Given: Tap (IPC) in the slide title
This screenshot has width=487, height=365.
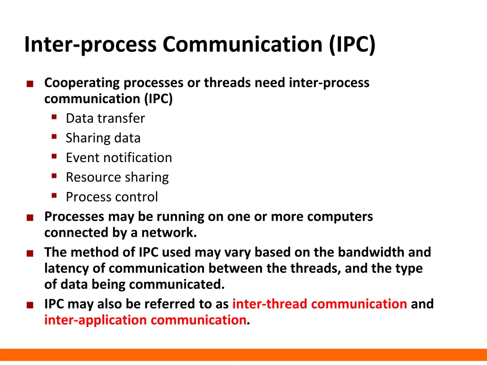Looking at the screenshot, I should [x=351, y=45].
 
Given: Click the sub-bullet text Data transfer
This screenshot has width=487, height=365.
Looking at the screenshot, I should [x=105, y=118].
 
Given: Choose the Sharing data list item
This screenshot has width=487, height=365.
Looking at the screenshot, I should [x=103, y=138].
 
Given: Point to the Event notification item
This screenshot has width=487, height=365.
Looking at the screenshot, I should [x=119, y=157].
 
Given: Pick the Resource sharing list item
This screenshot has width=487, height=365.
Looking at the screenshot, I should [x=117, y=177].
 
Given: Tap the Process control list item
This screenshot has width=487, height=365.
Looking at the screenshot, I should [x=112, y=197].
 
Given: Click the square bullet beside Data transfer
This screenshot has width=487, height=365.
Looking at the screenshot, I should [x=54, y=117].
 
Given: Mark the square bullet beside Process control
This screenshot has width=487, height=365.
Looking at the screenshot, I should [x=54, y=195].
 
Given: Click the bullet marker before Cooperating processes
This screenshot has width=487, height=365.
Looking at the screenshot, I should [x=30, y=84].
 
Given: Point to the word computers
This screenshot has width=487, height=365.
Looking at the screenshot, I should [x=340, y=217].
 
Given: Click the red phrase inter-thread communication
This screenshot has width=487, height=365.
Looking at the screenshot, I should [x=319, y=304].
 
